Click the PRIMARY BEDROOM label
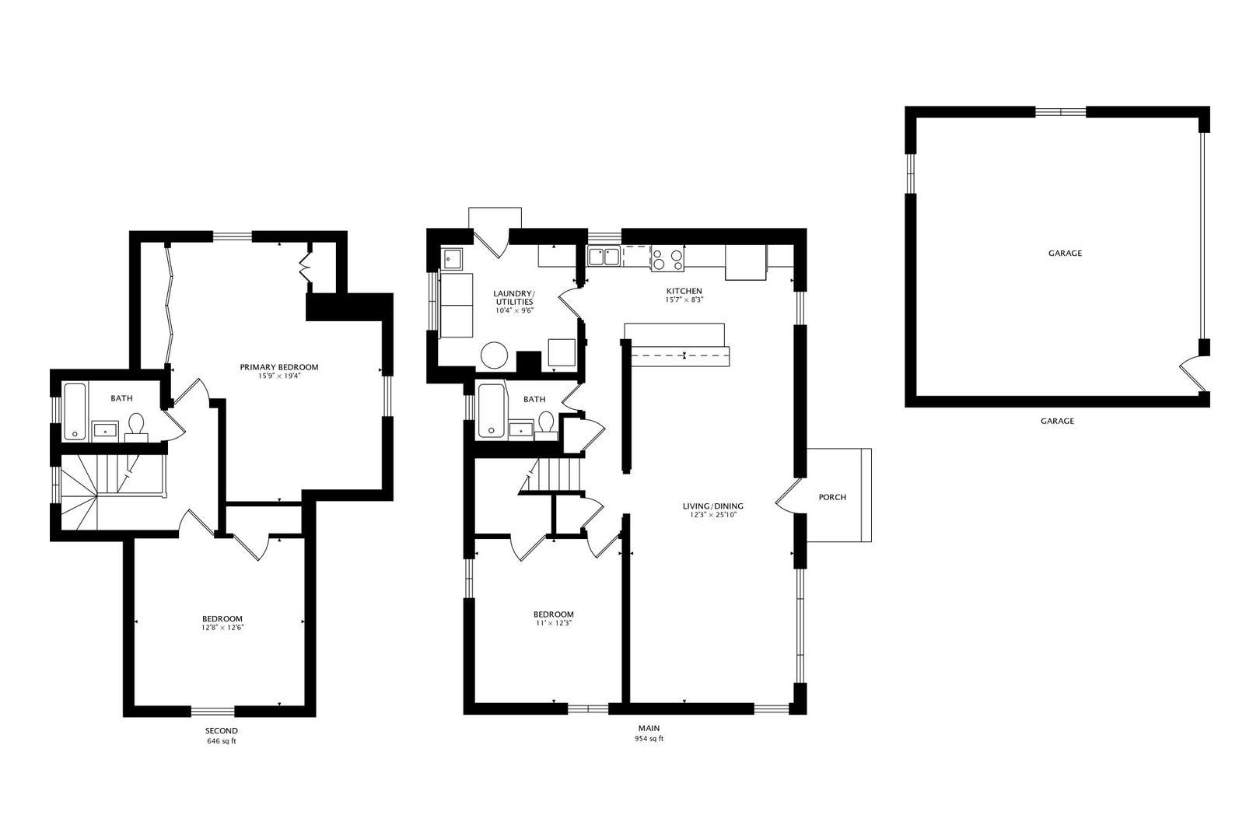pos(279,367)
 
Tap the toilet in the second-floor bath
pos(136,427)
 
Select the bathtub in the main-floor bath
pos(491,411)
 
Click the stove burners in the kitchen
pos(667,258)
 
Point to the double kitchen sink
pos(604,256)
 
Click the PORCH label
pos(832,497)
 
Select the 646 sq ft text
pos(222,741)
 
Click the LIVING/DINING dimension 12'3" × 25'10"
pos(712,515)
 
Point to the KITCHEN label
pos(684,291)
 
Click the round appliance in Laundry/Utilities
pos(495,355)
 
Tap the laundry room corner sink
pos(451,259)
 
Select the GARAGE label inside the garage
pos(1065,254)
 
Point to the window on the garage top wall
pos(1060,112)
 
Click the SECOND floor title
pos(221,731)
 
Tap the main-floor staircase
pos(556,476)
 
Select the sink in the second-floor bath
pos(105,430)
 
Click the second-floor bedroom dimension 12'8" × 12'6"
pos(222,628)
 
